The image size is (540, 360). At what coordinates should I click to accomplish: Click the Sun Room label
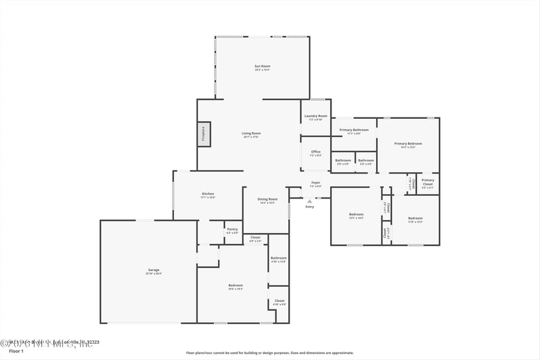[x=263, y=66]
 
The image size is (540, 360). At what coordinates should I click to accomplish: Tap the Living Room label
[x=251, y=133]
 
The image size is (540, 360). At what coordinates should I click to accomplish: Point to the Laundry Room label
[x=316, y=115]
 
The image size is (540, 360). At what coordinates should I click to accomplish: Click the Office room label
[x=316, y=151]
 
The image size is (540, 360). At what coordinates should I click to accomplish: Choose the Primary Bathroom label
[x=354, y=129]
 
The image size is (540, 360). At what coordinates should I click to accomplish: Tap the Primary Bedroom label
[x=408, y=143]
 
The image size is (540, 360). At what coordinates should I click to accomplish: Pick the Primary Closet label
[x=428, y=180]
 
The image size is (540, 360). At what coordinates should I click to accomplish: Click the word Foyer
[x=315, y=182]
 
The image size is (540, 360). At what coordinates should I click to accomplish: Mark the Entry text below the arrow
[x=310, y=207]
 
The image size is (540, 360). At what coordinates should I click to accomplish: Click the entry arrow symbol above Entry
[x=309, y=201]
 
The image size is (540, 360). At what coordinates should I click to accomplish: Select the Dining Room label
[x=268, y=199]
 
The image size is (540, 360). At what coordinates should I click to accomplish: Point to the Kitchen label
[x=208, y=194]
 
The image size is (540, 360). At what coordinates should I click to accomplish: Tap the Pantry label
[x=232, y=229]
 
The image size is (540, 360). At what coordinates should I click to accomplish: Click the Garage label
[x=154, y=269]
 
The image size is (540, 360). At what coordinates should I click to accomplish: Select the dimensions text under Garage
[x=154, y=274]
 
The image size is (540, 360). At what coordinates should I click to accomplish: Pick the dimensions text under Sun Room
[x=263, y=70]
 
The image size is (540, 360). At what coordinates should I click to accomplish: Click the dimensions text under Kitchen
[x=208, y=198]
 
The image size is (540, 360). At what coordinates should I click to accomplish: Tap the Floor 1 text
[x=16, y=352]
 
